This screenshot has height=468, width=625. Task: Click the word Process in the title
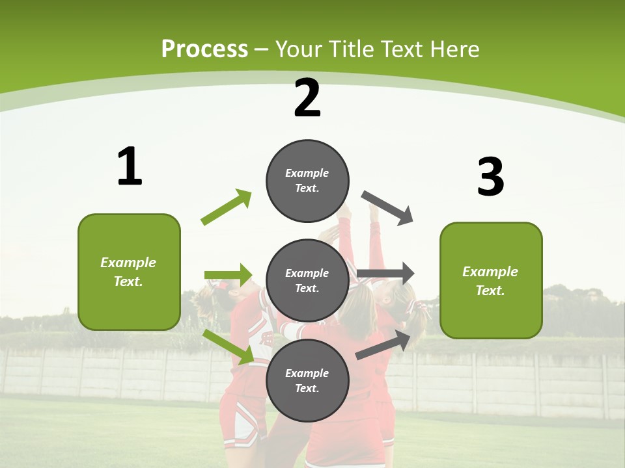[204, 49]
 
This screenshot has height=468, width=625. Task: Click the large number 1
[130, 167]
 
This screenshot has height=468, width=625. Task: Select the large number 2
[307, 98]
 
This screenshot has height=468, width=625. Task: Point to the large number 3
[490, 177]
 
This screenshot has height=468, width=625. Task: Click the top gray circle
[307, 181]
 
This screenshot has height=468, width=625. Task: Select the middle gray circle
[307, 280]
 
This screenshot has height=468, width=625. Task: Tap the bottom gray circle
[307, 380]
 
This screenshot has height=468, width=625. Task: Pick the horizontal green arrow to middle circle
[228, 275]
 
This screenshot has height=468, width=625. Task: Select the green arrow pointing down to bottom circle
[229, 346]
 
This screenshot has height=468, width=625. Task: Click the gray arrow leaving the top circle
[387, 207]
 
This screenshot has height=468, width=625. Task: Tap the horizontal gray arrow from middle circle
[385, 274]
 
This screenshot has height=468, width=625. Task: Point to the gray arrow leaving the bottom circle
[384, 344]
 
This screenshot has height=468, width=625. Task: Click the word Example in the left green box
[128, 263]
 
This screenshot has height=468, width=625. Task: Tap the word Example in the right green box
[490, 272]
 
